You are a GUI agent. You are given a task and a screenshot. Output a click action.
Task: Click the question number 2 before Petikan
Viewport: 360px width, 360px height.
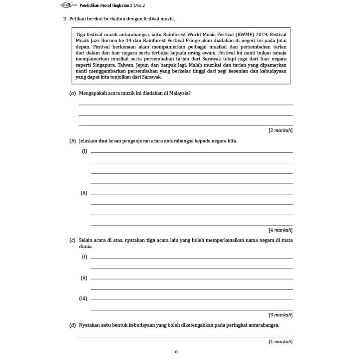65,18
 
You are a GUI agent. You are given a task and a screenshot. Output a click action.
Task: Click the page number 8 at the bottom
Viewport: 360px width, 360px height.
176,352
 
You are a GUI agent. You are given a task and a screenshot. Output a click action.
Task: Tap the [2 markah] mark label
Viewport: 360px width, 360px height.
280,130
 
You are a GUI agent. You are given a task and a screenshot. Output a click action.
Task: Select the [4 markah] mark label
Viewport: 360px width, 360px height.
280,230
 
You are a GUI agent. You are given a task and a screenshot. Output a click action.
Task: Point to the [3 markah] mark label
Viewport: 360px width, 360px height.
280,315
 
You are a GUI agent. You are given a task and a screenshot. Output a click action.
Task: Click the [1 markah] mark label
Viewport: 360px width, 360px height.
280,341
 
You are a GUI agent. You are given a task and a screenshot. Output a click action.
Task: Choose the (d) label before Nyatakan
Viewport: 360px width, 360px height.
72,325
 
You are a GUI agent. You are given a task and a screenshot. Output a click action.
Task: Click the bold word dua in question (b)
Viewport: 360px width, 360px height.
103,141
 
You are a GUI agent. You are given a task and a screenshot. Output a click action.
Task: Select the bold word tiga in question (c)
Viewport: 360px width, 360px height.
151,240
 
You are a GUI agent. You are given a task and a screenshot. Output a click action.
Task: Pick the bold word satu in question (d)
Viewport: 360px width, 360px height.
106,325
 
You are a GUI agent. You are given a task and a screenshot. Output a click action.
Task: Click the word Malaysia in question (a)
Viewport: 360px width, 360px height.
180,93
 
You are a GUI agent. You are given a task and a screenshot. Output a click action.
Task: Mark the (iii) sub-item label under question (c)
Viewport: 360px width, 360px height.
83,298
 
